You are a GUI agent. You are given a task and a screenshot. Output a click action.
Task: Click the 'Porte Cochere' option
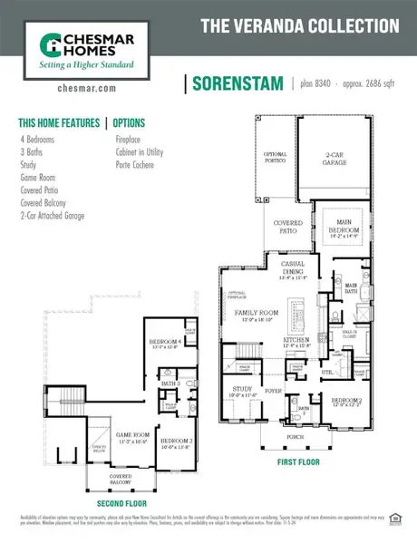(134, 165)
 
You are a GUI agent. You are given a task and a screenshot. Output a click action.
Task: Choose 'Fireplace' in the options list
(128, 141)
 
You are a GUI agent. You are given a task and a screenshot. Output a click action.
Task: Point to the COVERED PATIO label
(286, 227)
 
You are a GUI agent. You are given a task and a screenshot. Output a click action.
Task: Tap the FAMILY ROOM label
(255, 314)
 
